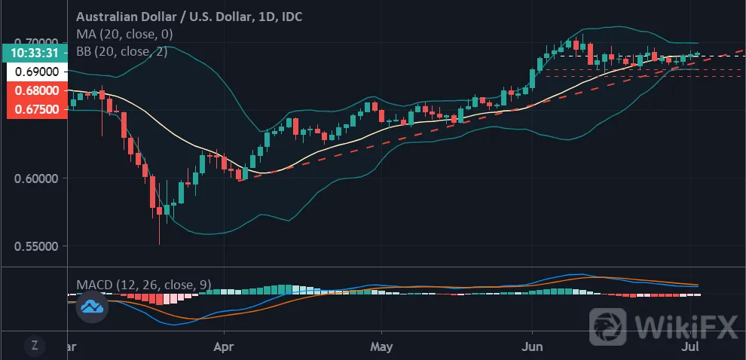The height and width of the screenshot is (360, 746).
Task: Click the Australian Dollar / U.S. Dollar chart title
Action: (x=189, y=17)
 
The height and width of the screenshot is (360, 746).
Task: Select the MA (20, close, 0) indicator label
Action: (x=124, y=34)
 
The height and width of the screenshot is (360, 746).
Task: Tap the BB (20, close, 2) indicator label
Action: (x=122, y=51)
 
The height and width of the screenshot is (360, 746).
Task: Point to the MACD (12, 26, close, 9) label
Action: (x=144, y=285)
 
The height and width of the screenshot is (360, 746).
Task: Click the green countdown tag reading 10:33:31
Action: (x=34, y=53)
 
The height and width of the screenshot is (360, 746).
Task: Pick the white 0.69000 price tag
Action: (x=37, y=72)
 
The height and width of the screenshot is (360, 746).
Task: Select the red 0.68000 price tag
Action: (x=37, y=90)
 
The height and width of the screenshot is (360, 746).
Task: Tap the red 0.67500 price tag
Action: (x=37, y=109)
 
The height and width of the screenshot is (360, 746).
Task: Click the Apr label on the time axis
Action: (x=224, y=346)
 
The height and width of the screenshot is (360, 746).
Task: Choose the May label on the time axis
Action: (x=381, y=346)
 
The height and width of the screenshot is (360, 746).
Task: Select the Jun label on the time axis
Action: (x=533, y=346)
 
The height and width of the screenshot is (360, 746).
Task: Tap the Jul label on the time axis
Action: (x=690, y=346)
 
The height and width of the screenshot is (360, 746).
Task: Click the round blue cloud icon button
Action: (x=92, y=307)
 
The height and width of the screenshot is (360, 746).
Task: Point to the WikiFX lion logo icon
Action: (x=608, y=327)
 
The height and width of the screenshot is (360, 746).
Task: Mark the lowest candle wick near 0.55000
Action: (x=160, y=230)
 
